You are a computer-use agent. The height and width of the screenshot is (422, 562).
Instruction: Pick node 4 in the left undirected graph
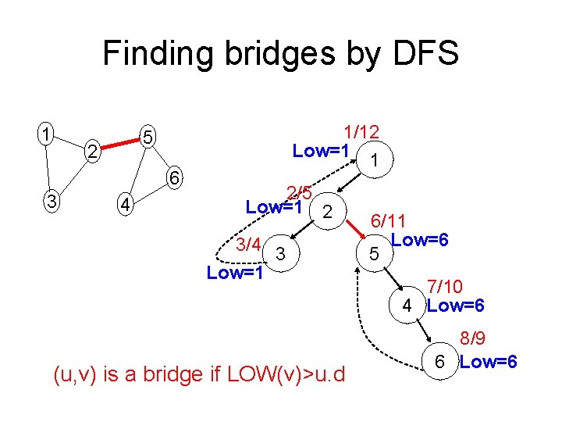click(123, 206)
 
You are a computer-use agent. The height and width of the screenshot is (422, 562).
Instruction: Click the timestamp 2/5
click(300, 191)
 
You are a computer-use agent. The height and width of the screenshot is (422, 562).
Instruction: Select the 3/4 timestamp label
click(247, 245)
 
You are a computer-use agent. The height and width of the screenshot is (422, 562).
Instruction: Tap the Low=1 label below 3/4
click(234, 273)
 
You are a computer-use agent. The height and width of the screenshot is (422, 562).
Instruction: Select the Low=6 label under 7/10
click(457, 306)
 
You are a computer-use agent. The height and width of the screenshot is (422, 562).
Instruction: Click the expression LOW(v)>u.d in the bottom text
click(289, 374)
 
